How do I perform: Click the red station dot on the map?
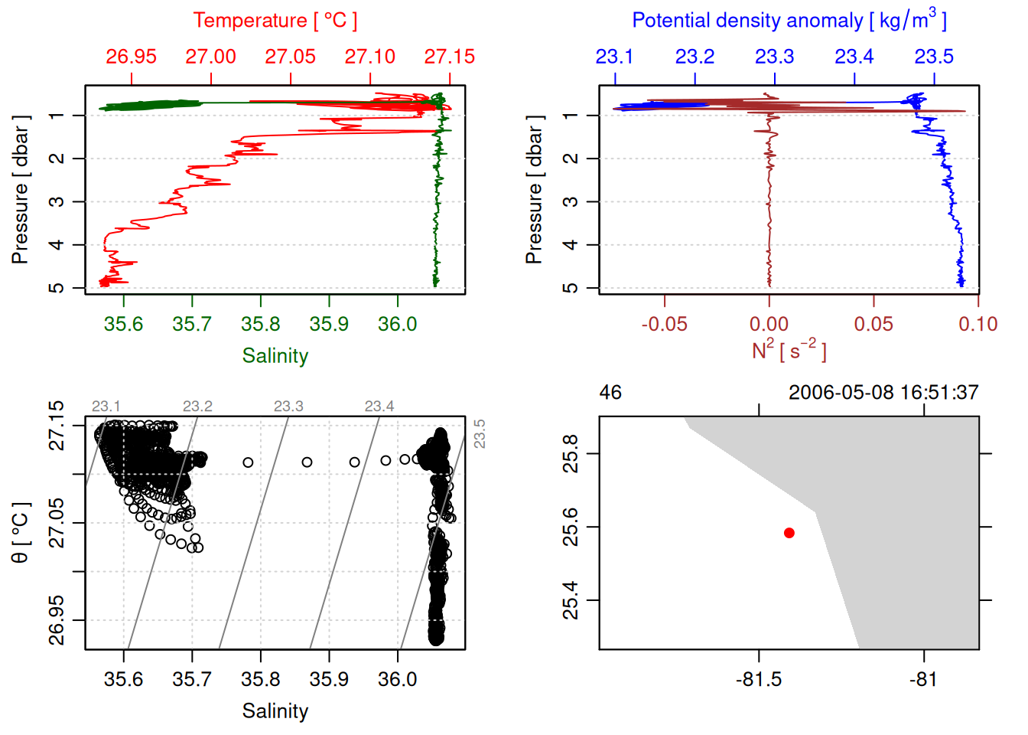(789, 533)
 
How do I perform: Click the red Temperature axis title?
(275, 21)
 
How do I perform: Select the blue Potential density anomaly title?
(789, 21)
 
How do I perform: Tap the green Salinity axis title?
(275, 356)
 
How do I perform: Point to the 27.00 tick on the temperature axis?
(211, 57)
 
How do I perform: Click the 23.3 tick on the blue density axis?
(774, 57)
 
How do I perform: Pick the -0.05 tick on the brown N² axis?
(664, 324)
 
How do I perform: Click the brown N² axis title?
(789, 350)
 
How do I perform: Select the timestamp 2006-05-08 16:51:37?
(883, 393)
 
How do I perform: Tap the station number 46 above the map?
(610, 393)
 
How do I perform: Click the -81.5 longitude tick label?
(759, 680)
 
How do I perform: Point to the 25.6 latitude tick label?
(571, 528)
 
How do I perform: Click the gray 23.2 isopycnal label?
(197, 407)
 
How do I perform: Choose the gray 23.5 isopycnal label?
(480, 433)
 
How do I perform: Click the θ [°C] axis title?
(21, 533)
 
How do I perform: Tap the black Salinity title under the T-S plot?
(275, 711)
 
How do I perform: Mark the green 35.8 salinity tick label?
(260, 324)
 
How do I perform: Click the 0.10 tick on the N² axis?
(978, 324)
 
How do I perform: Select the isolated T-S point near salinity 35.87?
(307, 462)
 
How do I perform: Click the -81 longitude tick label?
(923, 680)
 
